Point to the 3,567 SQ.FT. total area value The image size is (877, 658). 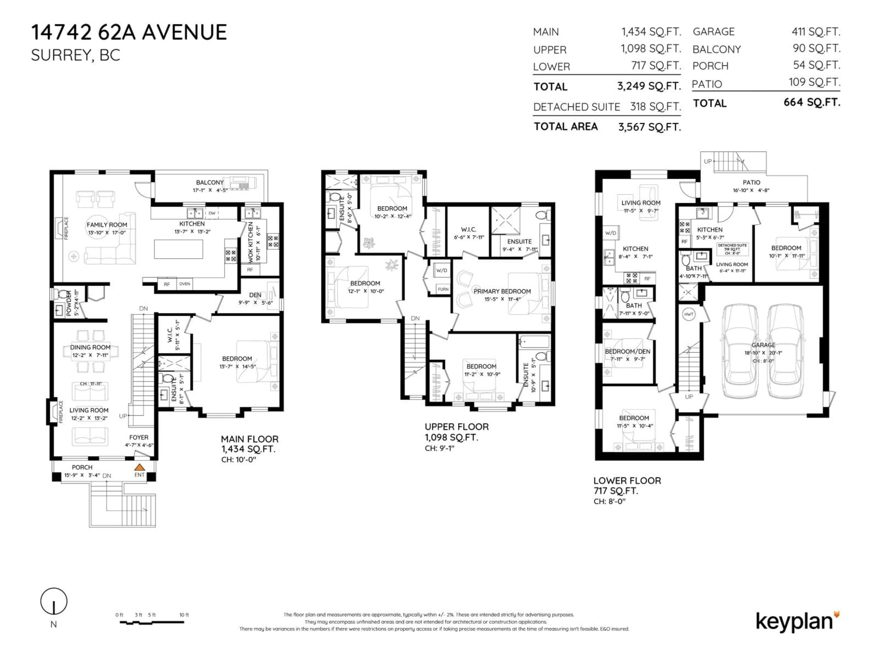[650, 127]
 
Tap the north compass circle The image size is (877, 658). [54, 601]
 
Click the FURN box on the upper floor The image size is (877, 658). [443, 289]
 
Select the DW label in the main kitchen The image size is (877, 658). [212, 213]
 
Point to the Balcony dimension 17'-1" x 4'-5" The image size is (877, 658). [210, 190]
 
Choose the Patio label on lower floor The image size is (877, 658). [751, 183]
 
